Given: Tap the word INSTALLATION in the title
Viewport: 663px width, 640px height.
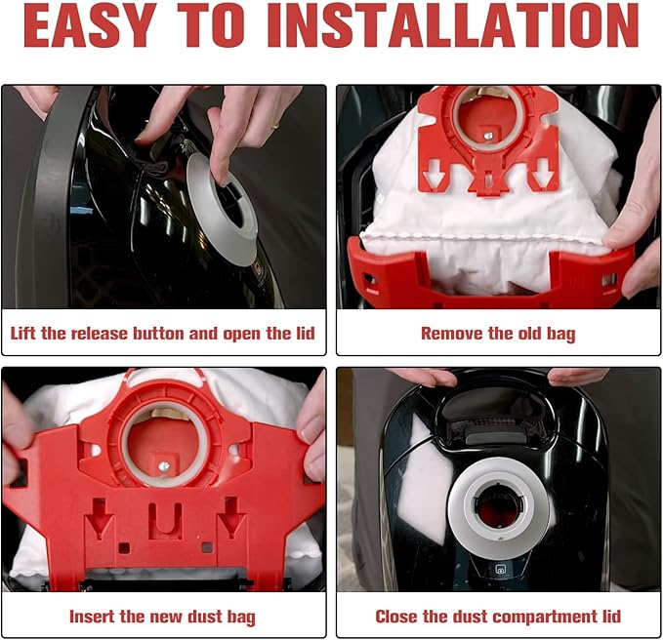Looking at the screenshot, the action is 453,26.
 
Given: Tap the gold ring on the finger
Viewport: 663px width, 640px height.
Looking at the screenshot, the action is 274,125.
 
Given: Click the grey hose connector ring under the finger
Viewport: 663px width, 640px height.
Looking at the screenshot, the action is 222,209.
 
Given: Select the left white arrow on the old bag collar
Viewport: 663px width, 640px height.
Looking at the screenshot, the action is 435,173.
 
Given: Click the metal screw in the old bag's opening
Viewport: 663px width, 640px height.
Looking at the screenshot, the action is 488,136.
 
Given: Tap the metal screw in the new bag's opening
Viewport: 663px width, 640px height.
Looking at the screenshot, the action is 164,466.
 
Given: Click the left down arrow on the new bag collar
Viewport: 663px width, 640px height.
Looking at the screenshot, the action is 99,517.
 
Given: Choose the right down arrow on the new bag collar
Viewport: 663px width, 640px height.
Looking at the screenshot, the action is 231,517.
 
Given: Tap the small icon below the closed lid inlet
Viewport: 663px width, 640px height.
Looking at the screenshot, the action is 500,570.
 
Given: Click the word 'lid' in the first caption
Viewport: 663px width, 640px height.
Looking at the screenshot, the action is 306,334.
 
